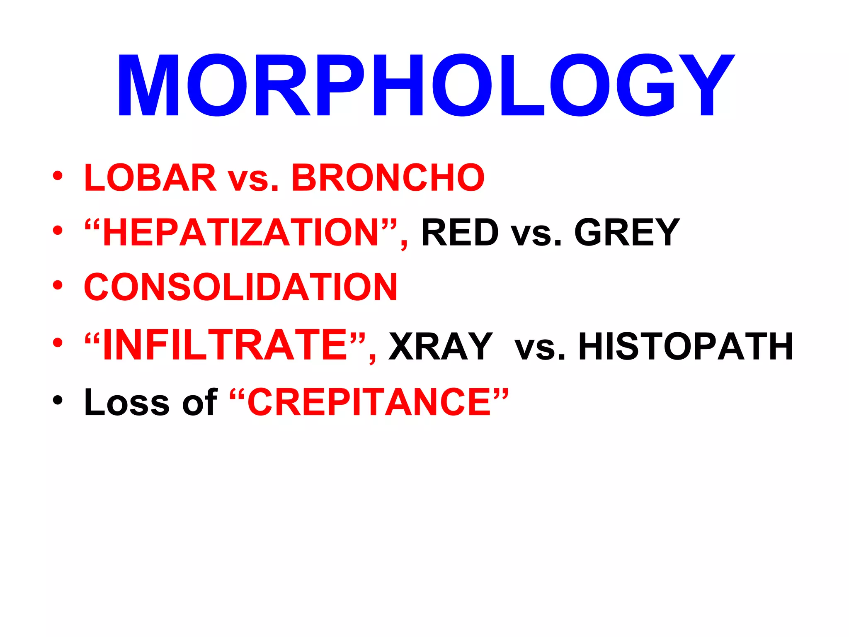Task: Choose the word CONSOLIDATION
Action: (241, 287)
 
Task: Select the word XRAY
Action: (441, 346)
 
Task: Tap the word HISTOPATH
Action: (685, 346)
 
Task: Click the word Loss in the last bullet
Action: (127, 402)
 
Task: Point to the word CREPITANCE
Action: (369, 402)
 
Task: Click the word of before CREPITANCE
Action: (199, 402)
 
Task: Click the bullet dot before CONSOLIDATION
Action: (58, 285)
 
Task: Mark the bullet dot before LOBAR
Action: (58, 176)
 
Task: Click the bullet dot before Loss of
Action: (58, 400)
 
